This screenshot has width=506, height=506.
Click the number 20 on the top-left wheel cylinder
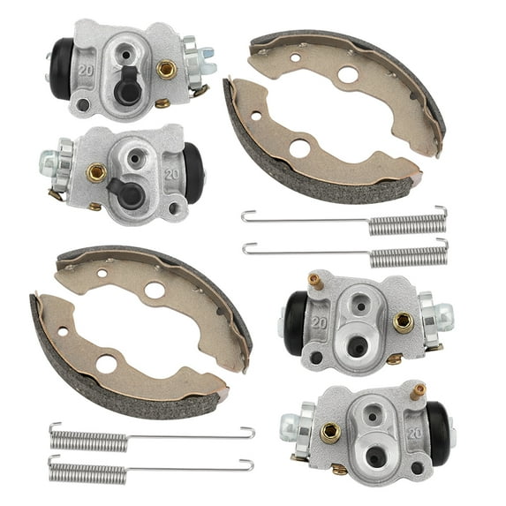(x=87, y=68)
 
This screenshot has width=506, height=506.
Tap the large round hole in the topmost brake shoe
(x=347, y=75)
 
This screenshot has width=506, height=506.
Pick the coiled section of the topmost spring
(x=406, y=224)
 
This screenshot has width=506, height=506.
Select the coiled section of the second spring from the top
(x=409, y=257)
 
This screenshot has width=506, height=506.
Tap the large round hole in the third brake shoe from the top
(x=155, y=290)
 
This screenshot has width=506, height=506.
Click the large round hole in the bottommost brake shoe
(x=106, y=363)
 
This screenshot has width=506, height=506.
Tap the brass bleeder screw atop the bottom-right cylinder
(x=418, y=389)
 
